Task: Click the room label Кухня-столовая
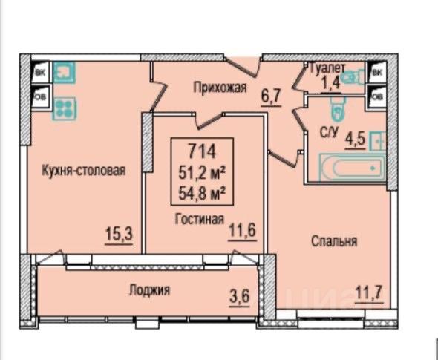point(84,171)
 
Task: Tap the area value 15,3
point(119,234)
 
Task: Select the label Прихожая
point(220,87)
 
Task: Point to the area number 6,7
point(271,96)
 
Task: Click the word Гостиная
point(200,219)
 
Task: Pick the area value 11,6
point(243,231)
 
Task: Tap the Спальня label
point(334,241)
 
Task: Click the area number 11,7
point(369,293)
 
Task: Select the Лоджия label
point(149,290)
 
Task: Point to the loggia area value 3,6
point(239,297)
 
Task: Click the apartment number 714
point(202,151)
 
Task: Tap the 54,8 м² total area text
point(202,194)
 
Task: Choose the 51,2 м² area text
point(202,174)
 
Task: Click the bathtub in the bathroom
point(352,168)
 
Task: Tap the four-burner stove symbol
point(65,108)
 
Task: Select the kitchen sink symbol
point(65,73)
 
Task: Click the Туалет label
point(328,68)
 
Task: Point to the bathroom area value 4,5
point(355,140)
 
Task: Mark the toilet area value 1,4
point(331,82)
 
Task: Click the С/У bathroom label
point(329,132)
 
